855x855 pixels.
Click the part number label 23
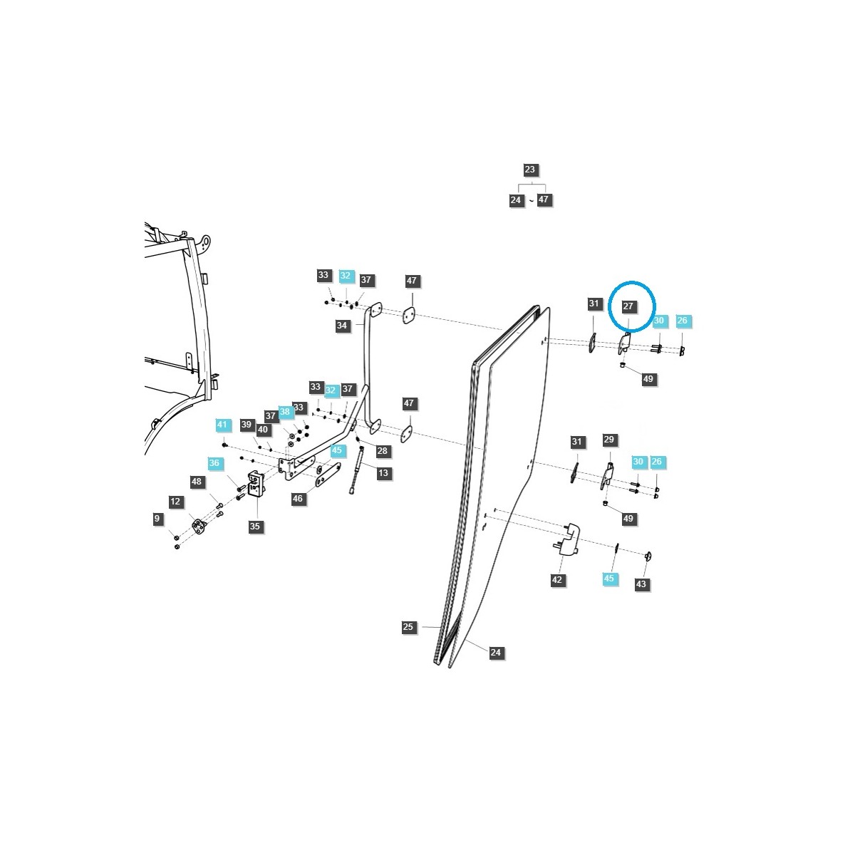point(529,170)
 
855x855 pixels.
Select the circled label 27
point(628,306)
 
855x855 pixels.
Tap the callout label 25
point(408,627)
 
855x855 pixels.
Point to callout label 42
point(557,580)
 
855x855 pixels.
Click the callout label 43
point(641,584)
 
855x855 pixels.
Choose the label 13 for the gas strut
point(383,473)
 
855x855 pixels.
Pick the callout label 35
point(255,527)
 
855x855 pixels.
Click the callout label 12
point(176,502)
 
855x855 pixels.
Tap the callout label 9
point(157,519)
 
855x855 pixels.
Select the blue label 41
point(222,425)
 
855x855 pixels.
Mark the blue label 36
point(214,463)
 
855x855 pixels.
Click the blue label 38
point(285,412)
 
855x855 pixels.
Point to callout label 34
point(342,326)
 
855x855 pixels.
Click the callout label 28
point(383,451)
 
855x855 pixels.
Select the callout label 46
point(298,499)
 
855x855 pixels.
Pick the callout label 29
point(608,440)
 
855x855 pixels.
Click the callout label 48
point(197,482)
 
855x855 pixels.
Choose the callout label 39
point(247,425)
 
